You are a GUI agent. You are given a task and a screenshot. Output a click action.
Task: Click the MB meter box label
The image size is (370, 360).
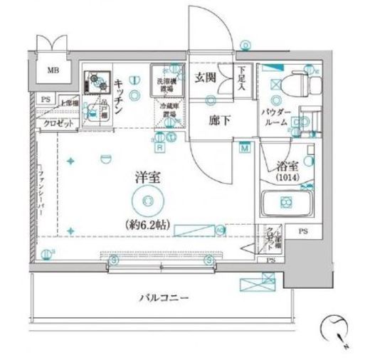pos(53,70)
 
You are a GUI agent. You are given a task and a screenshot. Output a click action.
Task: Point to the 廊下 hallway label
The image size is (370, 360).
pos(219,120)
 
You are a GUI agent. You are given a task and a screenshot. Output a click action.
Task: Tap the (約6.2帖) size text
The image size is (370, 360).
pos(148,223)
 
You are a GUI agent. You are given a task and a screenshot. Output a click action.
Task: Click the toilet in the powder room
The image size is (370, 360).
pos(300,83)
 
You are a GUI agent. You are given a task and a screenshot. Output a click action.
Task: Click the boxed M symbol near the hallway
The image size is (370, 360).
pos(245,148)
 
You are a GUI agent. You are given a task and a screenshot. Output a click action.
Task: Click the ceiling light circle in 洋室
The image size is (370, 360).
pos(146,202)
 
